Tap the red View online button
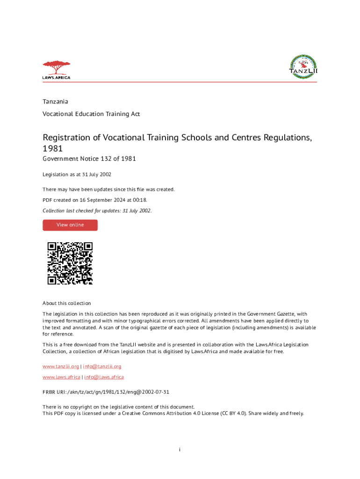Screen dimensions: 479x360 point(70,225)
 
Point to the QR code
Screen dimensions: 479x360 point(70,263)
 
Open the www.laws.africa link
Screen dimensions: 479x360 point(61,377)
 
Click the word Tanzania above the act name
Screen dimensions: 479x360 point(55,102)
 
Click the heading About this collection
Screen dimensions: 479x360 point(66,303)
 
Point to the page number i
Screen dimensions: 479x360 point(180,450)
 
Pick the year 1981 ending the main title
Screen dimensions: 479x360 point(52,148)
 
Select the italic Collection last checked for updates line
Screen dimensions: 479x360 point(97,210)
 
